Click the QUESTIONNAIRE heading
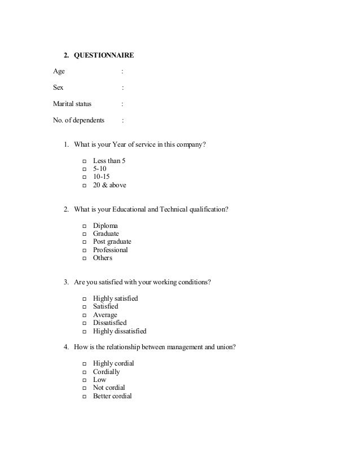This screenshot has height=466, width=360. pos(104,55)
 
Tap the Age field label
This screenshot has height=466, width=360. pos(59,71)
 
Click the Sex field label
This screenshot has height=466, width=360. pos(58,87)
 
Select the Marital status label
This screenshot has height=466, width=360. pos(72,104)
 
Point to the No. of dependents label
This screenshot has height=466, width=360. pos(78,120)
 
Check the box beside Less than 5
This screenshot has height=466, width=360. pos(84,161)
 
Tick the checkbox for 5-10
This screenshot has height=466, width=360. pos(84,169)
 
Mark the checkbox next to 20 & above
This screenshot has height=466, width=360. pos(84,185)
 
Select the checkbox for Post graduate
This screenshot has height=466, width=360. pos(84,242)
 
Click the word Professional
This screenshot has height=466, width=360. pos(111,250)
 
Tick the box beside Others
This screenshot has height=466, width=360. pos(84,258)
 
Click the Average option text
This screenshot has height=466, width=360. pos(105,315)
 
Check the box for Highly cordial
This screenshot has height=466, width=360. pos(84,364)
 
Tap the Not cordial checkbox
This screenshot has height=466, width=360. pos(84,388)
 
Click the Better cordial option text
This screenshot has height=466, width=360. pos(112,396)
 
